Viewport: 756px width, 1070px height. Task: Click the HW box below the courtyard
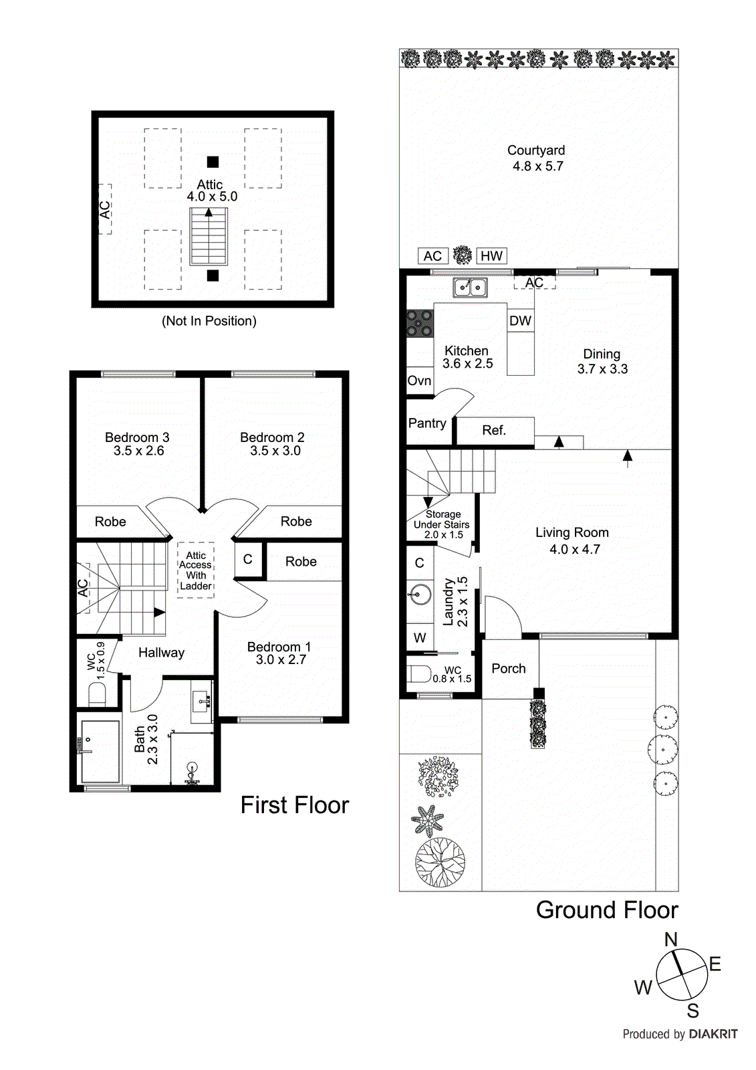[491, 256]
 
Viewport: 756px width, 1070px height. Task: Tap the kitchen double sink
[470, 288]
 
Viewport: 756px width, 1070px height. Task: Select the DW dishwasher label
[520, 321]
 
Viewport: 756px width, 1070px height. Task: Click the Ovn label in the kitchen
[419, 381]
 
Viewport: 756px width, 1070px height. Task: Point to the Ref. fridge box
[494, 431]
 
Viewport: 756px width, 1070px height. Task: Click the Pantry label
[427, 423]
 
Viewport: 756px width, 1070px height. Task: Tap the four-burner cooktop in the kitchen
[420, 323]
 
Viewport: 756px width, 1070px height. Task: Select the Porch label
[509, 669]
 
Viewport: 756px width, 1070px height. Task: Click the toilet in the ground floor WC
[420, 673]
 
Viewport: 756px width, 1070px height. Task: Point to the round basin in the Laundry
[420, 594]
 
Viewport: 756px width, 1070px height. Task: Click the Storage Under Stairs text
[442, 520]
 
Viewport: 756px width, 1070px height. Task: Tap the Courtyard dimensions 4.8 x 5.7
[538, 167]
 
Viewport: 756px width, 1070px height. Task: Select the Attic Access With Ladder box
[196, 570]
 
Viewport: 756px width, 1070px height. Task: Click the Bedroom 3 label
[137, 437]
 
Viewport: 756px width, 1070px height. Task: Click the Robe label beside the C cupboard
[301, 562]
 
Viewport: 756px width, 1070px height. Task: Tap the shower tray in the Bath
[100, 752]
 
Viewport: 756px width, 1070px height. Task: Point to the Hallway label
[161, 653]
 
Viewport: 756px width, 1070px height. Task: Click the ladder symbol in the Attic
[209, 237]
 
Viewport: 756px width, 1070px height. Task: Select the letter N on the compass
[670, 940]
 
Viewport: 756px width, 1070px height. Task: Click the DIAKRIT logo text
[713, 1035]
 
